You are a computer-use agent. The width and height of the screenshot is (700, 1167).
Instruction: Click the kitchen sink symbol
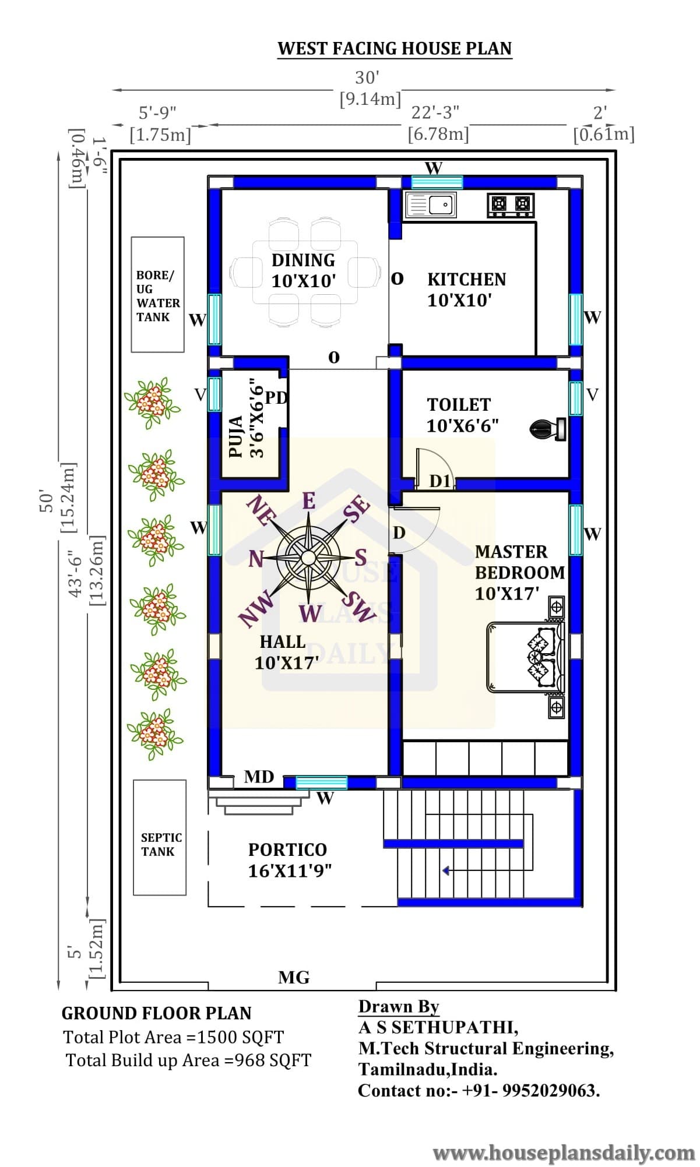point(431,205)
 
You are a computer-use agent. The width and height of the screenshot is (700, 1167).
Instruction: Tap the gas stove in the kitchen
point(511,205)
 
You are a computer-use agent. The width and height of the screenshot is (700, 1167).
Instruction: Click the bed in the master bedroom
point(526,657)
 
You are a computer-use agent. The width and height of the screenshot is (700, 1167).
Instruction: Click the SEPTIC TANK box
point(160,837)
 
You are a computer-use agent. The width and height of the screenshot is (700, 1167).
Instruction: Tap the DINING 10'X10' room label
point(304,270)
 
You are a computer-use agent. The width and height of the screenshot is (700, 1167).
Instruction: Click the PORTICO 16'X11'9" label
point(289,860)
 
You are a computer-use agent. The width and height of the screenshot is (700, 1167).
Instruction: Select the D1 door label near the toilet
point(440,481)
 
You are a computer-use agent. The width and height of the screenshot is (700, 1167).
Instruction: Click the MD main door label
point(259,777)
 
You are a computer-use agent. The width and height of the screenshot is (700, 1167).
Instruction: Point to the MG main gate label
point(294,977)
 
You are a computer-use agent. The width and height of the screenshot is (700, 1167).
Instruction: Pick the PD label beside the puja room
point(276,398)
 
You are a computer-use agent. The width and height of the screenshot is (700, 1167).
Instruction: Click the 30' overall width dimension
point(367,77)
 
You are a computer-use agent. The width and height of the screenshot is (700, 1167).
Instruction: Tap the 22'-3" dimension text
point(435,112)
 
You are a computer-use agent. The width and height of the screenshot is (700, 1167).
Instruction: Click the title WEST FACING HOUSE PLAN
point(395,48)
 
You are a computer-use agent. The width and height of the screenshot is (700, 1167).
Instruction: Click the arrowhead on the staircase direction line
point(445,871)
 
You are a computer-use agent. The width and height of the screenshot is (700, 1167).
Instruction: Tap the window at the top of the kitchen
point(437,182)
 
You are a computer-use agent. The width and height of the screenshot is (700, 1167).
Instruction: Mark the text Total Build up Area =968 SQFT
point(189,1060)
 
